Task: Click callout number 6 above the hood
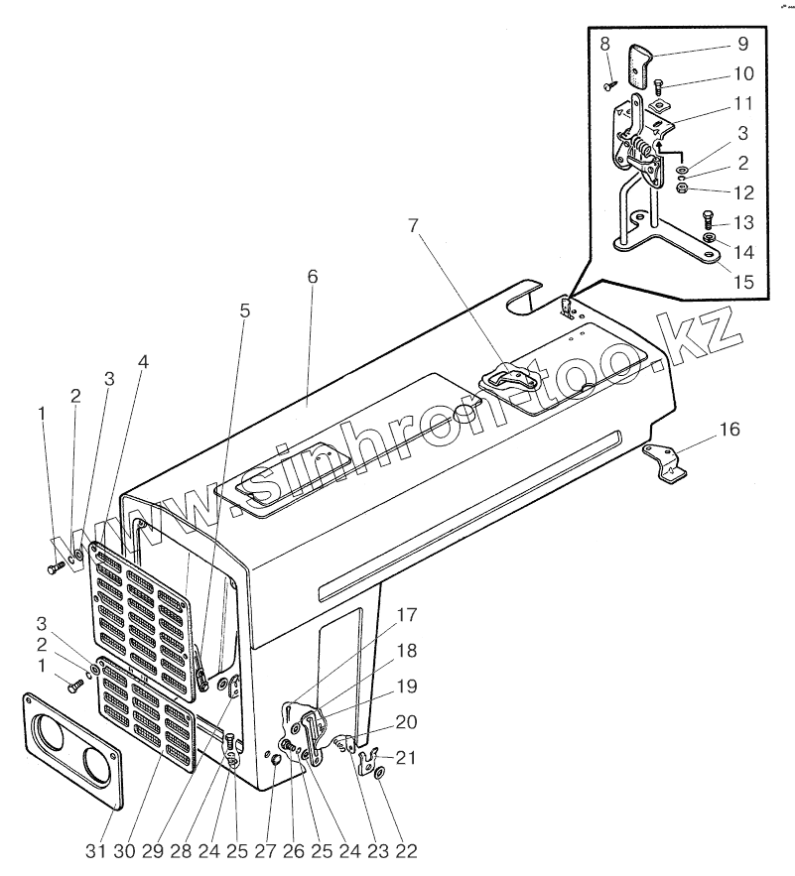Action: (x=312, y=277)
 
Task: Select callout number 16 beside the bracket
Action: (x=729, y=430)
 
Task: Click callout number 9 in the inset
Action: (x=742, y=46)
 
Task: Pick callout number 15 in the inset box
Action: (x=742, y=282)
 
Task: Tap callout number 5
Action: (x=244, y=311)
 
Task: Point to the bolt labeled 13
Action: (x=707, y=218)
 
